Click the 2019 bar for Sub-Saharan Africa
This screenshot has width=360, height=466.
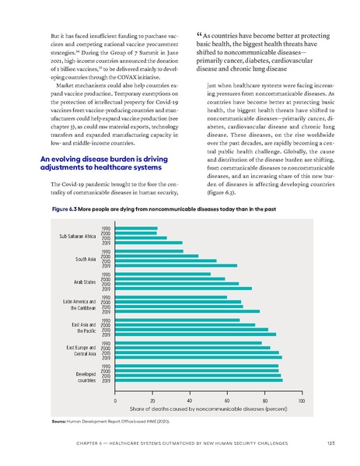coord(149,243)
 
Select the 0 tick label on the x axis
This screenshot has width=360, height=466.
coord(116,399)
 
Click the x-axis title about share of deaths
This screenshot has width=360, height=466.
coord(208,408)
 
